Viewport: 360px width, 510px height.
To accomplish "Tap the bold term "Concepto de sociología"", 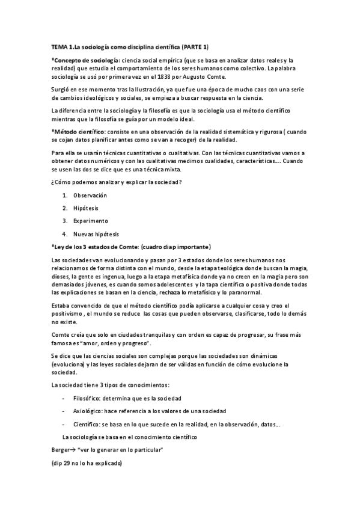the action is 85,61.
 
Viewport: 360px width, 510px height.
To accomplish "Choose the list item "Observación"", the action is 90,195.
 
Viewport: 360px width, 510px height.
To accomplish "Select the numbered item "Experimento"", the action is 91,221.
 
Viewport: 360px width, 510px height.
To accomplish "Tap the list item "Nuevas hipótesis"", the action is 96,233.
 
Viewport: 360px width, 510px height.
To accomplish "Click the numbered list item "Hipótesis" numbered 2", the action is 87,208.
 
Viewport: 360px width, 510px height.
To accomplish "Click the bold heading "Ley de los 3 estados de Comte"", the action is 97,247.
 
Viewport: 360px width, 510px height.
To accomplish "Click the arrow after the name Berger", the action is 72,450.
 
